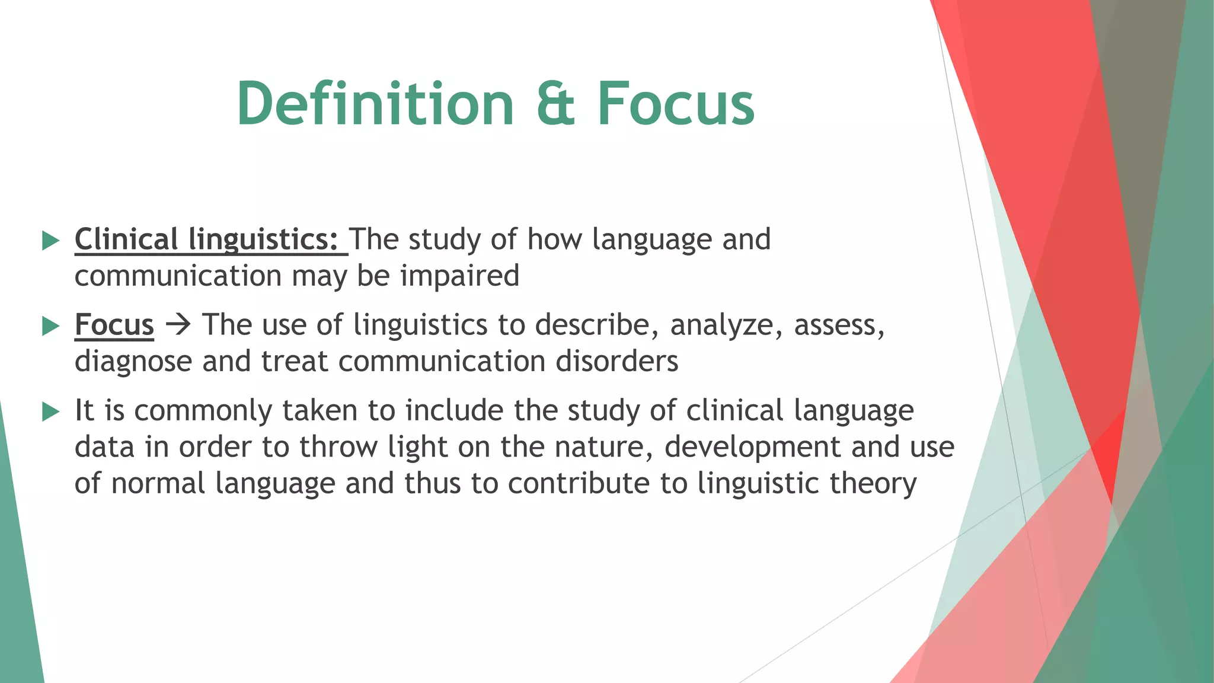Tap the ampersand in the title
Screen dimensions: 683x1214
555,104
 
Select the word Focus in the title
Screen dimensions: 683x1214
676,104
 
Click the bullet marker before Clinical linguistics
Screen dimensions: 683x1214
52,241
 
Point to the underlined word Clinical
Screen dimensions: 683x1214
126,240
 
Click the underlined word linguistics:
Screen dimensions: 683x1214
263,240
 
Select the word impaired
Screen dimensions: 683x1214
459,276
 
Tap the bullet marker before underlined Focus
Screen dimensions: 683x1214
52,326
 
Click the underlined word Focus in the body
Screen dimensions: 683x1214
114,325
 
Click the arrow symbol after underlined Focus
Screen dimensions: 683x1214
178,325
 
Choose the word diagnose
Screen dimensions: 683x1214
133,362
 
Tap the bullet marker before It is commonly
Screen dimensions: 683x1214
52,411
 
